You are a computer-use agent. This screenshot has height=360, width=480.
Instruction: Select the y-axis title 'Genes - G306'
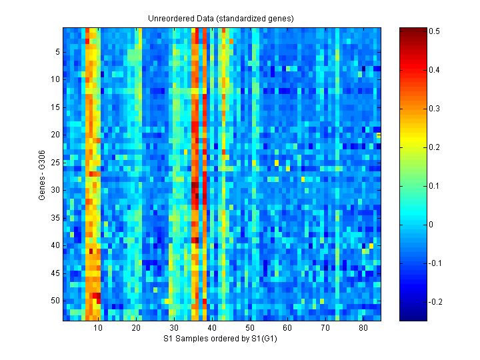(43, 175)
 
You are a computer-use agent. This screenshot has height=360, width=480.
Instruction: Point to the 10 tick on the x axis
(98, 328)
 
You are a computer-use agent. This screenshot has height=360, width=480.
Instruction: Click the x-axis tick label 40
(212, 328)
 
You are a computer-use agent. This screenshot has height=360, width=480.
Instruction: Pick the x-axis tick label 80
(363, 328)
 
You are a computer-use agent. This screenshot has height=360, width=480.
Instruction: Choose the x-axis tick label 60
(287, 328)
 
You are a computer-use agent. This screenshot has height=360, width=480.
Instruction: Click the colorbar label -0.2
(437, 301)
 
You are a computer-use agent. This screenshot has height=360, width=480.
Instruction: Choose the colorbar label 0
(432, 224)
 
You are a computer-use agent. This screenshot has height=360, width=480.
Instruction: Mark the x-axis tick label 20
(136, 328)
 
